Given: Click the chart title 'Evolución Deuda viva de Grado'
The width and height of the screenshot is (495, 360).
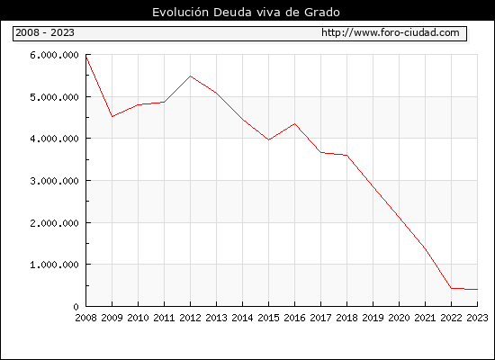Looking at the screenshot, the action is (246, 13).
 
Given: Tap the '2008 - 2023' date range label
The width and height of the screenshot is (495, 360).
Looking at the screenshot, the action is (45, 32).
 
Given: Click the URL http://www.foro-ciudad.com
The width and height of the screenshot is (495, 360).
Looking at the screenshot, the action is (391, 32).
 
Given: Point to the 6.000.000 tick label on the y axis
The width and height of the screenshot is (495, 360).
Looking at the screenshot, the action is (54, 55).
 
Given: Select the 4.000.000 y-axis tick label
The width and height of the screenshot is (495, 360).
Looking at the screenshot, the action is (54, 139).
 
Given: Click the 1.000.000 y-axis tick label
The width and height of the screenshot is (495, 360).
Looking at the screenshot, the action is (54, 265).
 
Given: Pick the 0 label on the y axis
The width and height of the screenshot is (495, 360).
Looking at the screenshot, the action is (76, 307).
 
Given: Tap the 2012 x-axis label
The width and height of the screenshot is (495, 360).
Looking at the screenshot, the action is (190, 318).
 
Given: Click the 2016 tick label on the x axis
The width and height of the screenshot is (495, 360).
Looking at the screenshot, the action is (294, 318).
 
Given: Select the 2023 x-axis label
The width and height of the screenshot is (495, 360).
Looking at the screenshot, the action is (477, 318).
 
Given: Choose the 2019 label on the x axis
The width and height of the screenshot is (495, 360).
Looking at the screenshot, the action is (373, 318).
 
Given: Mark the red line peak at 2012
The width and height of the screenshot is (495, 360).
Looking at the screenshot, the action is (191, 76).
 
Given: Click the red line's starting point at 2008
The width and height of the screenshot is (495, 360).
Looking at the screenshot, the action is (86, 57).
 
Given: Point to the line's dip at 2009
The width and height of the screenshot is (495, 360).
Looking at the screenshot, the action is (112, 116).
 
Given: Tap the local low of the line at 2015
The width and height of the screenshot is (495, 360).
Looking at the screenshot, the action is (269, 139).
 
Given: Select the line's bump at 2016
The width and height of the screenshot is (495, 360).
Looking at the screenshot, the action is (295, 124).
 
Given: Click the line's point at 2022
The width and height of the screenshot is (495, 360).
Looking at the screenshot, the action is (452, 288).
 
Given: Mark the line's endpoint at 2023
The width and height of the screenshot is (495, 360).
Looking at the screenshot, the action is (477, 289).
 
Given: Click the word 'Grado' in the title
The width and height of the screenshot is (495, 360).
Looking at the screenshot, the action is (322, 13).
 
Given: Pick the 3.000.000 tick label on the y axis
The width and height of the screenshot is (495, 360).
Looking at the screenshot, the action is (54, 181).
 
